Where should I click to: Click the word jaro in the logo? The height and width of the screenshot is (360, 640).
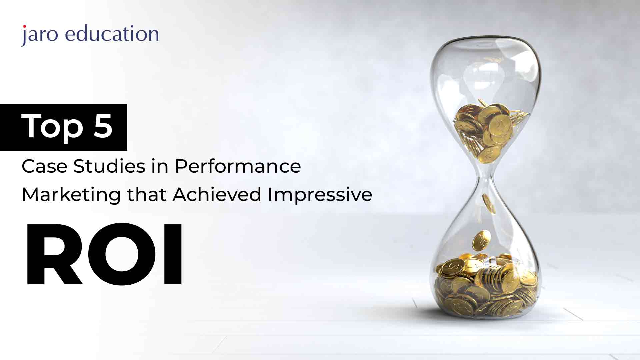pos(40,35)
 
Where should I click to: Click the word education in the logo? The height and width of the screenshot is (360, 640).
pos(112,34)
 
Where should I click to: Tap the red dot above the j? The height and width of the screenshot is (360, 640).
pos(24,26)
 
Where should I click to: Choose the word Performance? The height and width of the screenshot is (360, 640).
pos(238,166)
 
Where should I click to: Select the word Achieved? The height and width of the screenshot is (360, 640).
pos(217,194)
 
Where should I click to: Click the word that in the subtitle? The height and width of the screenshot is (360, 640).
pos(147,194)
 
